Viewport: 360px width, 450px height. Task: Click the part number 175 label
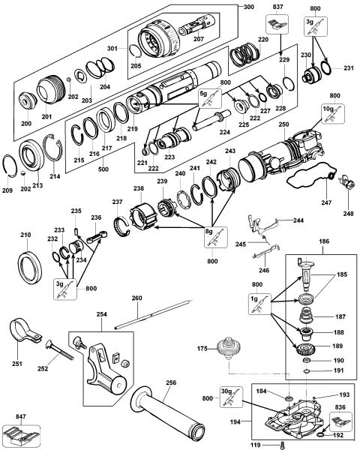click(x=201, y=347)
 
